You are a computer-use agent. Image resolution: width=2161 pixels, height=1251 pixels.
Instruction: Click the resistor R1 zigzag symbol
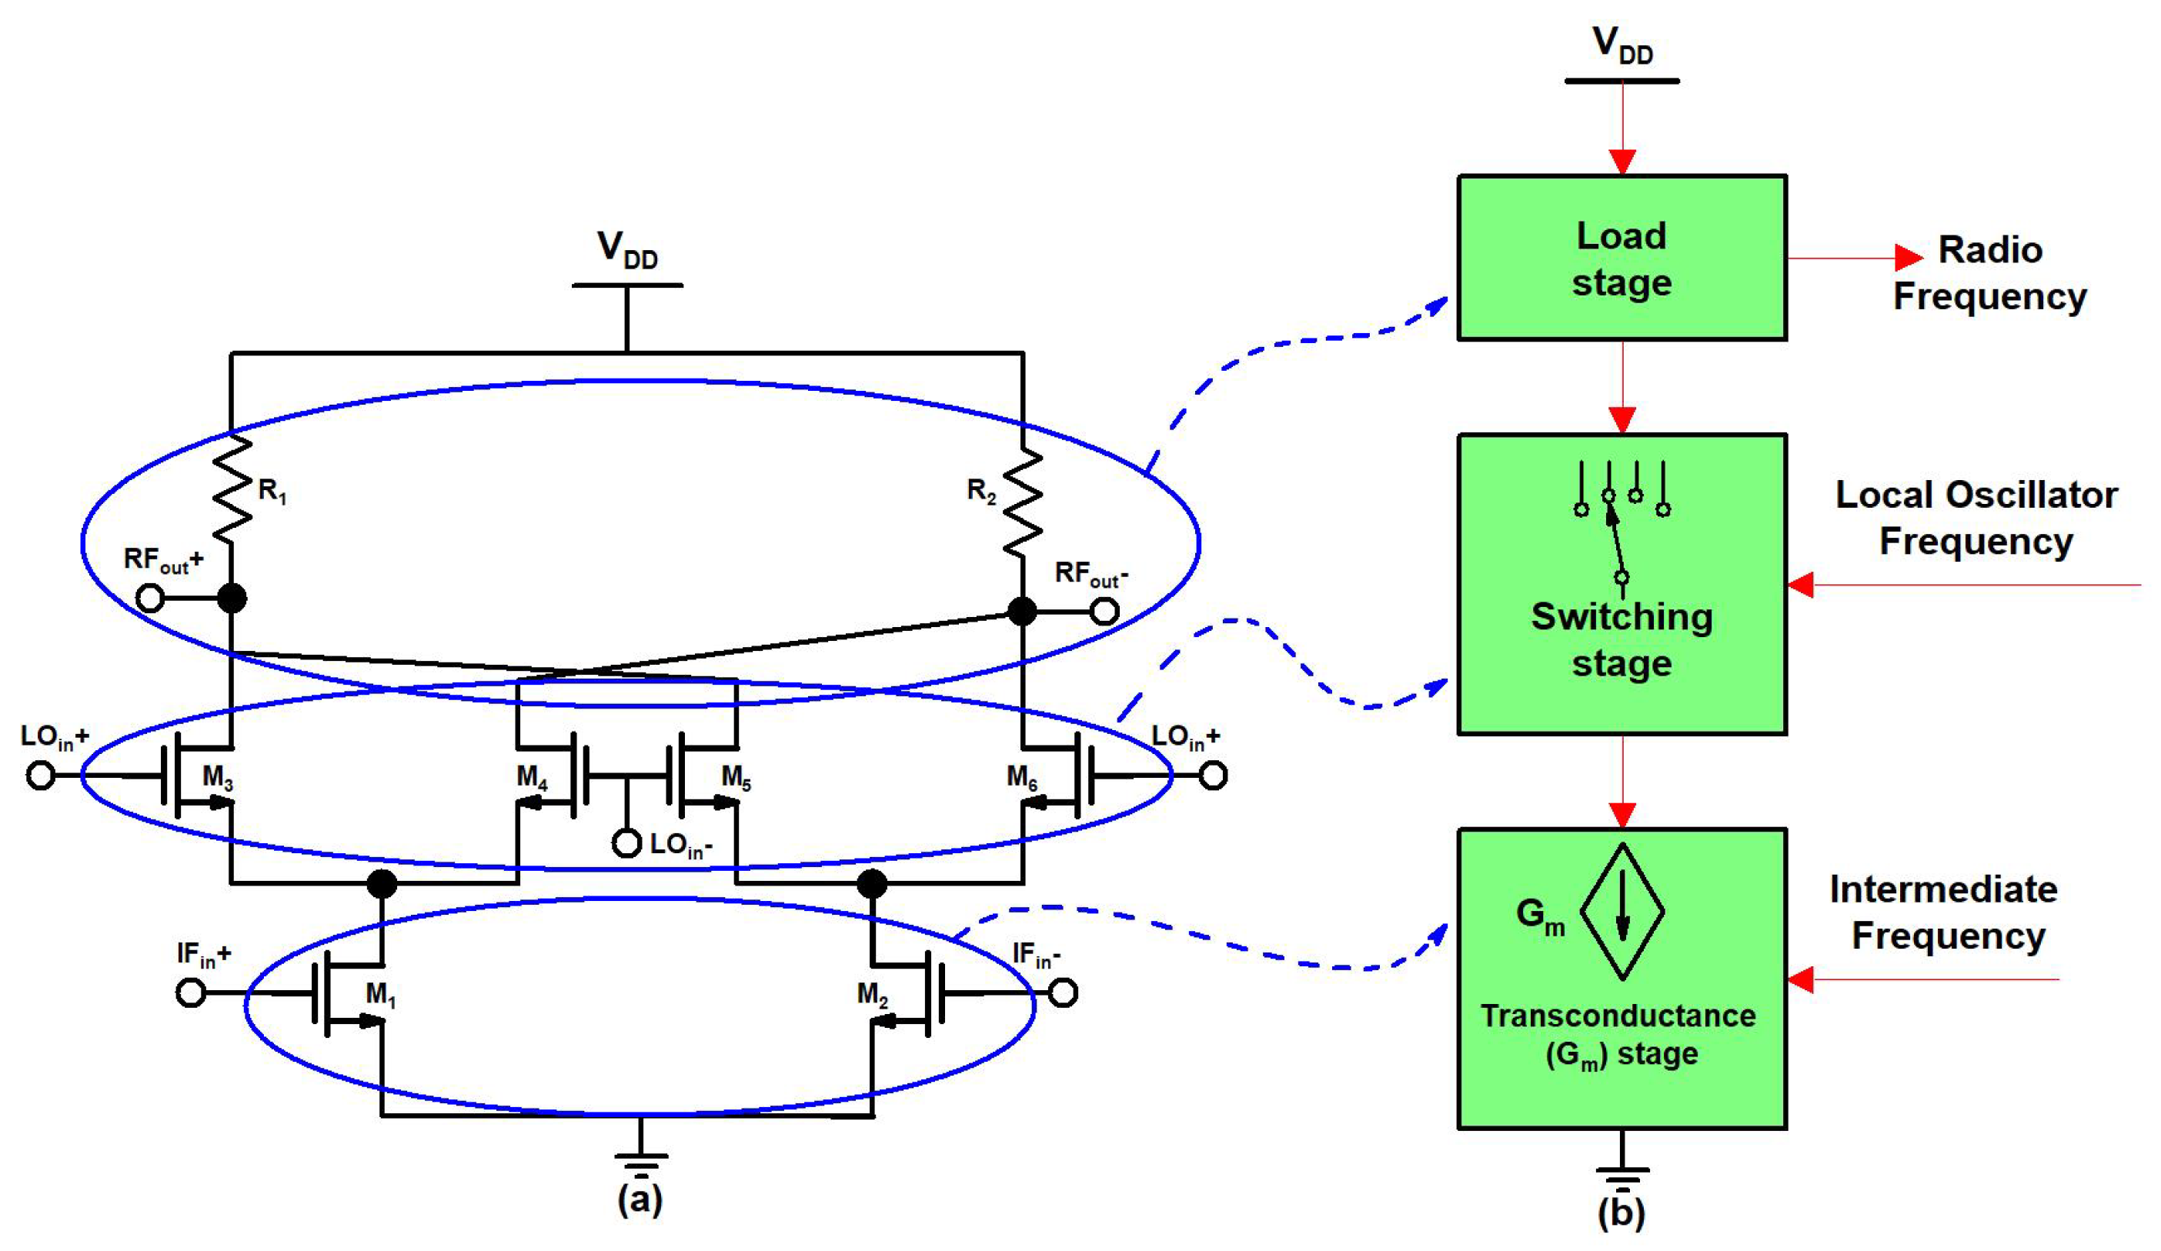click(232, 489)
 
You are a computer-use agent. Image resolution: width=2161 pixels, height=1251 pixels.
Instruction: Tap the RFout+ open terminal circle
click(150, 598)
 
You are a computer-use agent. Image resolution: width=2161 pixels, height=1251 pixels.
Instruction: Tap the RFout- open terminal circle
click(1104, 612)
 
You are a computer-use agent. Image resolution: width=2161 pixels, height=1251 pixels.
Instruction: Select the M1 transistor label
click(381, 995)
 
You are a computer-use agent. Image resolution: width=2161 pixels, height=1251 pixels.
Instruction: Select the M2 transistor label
click(872, 995)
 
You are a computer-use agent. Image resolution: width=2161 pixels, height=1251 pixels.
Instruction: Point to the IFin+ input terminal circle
click(190, 993)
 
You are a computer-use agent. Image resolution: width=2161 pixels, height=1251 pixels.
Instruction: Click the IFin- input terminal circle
click(1064, 993)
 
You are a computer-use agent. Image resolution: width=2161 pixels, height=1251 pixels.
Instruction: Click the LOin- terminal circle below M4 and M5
click(627, 844)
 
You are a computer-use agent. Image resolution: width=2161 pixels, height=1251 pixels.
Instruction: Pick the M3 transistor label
click(217, 777)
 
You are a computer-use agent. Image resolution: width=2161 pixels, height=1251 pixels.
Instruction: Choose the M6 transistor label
click(1021, 777)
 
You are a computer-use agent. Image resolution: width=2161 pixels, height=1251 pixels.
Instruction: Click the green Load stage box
click(1622, 258)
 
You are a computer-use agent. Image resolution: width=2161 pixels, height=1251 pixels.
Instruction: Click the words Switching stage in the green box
click(1622, 639)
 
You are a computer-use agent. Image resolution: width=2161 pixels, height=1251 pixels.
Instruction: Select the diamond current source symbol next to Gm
click(1622, 912)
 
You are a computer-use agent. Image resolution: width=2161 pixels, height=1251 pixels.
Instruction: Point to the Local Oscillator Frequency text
click(1976, 518)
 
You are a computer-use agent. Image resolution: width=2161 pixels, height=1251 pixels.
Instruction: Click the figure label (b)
click(1621, 1213)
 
